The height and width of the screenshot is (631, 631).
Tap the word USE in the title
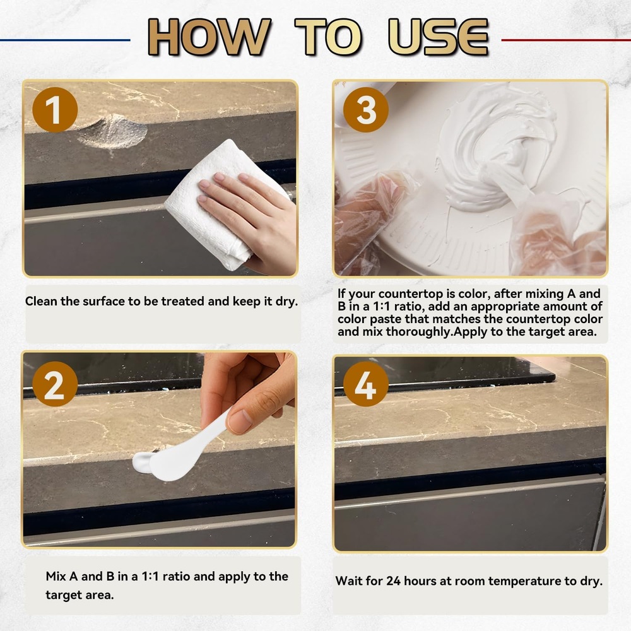pos(439,37)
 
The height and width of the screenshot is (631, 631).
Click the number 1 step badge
pos(55,109)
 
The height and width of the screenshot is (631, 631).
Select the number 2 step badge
pos(55,384)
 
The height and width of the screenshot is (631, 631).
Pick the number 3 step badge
pos(366,109)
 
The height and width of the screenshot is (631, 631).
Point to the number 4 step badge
pos(366,384)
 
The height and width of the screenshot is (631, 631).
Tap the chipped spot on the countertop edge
pos(113,131)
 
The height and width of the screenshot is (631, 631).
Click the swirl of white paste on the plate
pos(495,149)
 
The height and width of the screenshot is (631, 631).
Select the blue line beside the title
pos(65,40)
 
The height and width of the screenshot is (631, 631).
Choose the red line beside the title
pos(566,40)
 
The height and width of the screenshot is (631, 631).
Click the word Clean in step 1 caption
pos(41,301)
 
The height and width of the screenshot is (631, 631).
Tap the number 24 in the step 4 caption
pos(394,581)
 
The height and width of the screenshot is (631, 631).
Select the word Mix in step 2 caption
pos(56,576)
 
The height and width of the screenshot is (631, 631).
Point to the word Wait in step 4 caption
pos(348,581)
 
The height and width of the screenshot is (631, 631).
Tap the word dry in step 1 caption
pos(286,302)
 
